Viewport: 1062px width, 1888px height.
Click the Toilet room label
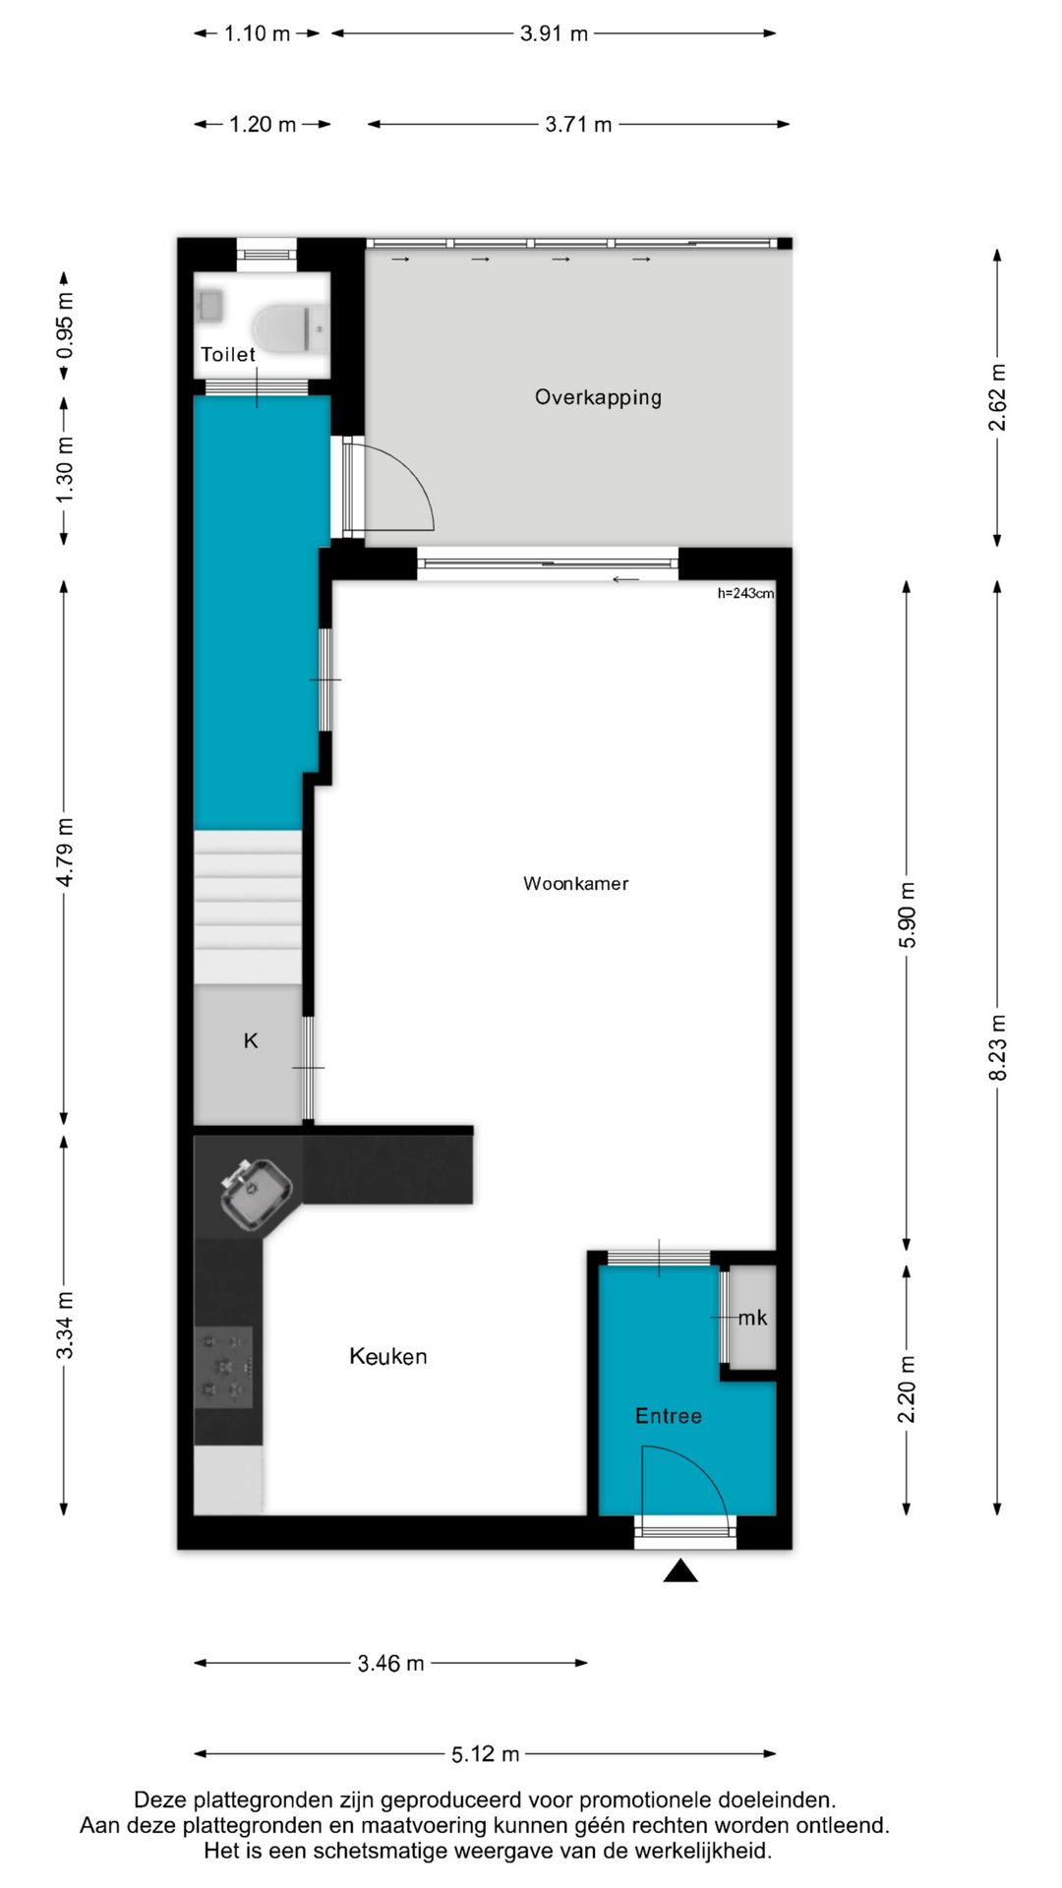pyautogui.click(x=227, y=355)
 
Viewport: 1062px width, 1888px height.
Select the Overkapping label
pyautogui.click(x=598, y=397)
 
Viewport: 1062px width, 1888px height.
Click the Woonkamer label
pyautogui.click(x=575, y=883)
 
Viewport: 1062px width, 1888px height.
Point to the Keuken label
pyautogui.click(x=388, y=1357)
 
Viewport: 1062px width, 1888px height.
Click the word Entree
pyautogui.click(x=668, y=1416)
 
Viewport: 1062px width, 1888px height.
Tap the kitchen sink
pyautogui.click(x=255, y=1193)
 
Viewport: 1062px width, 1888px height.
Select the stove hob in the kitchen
pyautogui.click(x=224, y=1367)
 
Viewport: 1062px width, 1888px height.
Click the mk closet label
pyautogui.click(x=752, y=1318)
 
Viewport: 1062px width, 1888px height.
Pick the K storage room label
pyautogui.click(x=251, y=1040)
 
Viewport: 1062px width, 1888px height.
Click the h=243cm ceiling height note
pyautogui.click(x=745, y=593)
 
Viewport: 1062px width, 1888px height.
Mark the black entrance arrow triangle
pyautogui.click(x=680, y=1570)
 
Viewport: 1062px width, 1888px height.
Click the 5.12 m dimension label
pyautogui.click(x=485, y=1753)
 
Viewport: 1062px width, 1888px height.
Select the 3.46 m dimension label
pyautogui.click(x=390, y=1663)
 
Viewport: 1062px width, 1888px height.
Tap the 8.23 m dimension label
pyautogui.click(x=998, y=1046)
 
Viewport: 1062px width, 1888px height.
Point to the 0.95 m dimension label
pyautogui.click(x=65, y=325)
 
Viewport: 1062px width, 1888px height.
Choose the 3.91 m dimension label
pyautogui.click(x=554, y=33)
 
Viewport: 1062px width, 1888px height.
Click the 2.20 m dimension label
pyautogui.click(x=907, y=1388)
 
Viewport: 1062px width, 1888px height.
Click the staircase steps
pyautogui.click(x=247, y=905)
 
